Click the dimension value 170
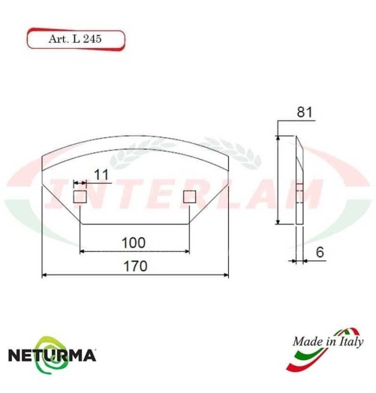[x=135, y=266]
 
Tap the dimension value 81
[x=304, y=112]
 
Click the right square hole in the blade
[x=190, y=196]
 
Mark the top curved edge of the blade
[x=135, y=140]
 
